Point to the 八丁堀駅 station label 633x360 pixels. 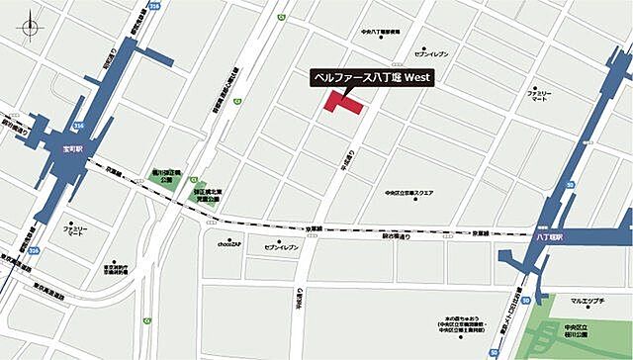point(549,237)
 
